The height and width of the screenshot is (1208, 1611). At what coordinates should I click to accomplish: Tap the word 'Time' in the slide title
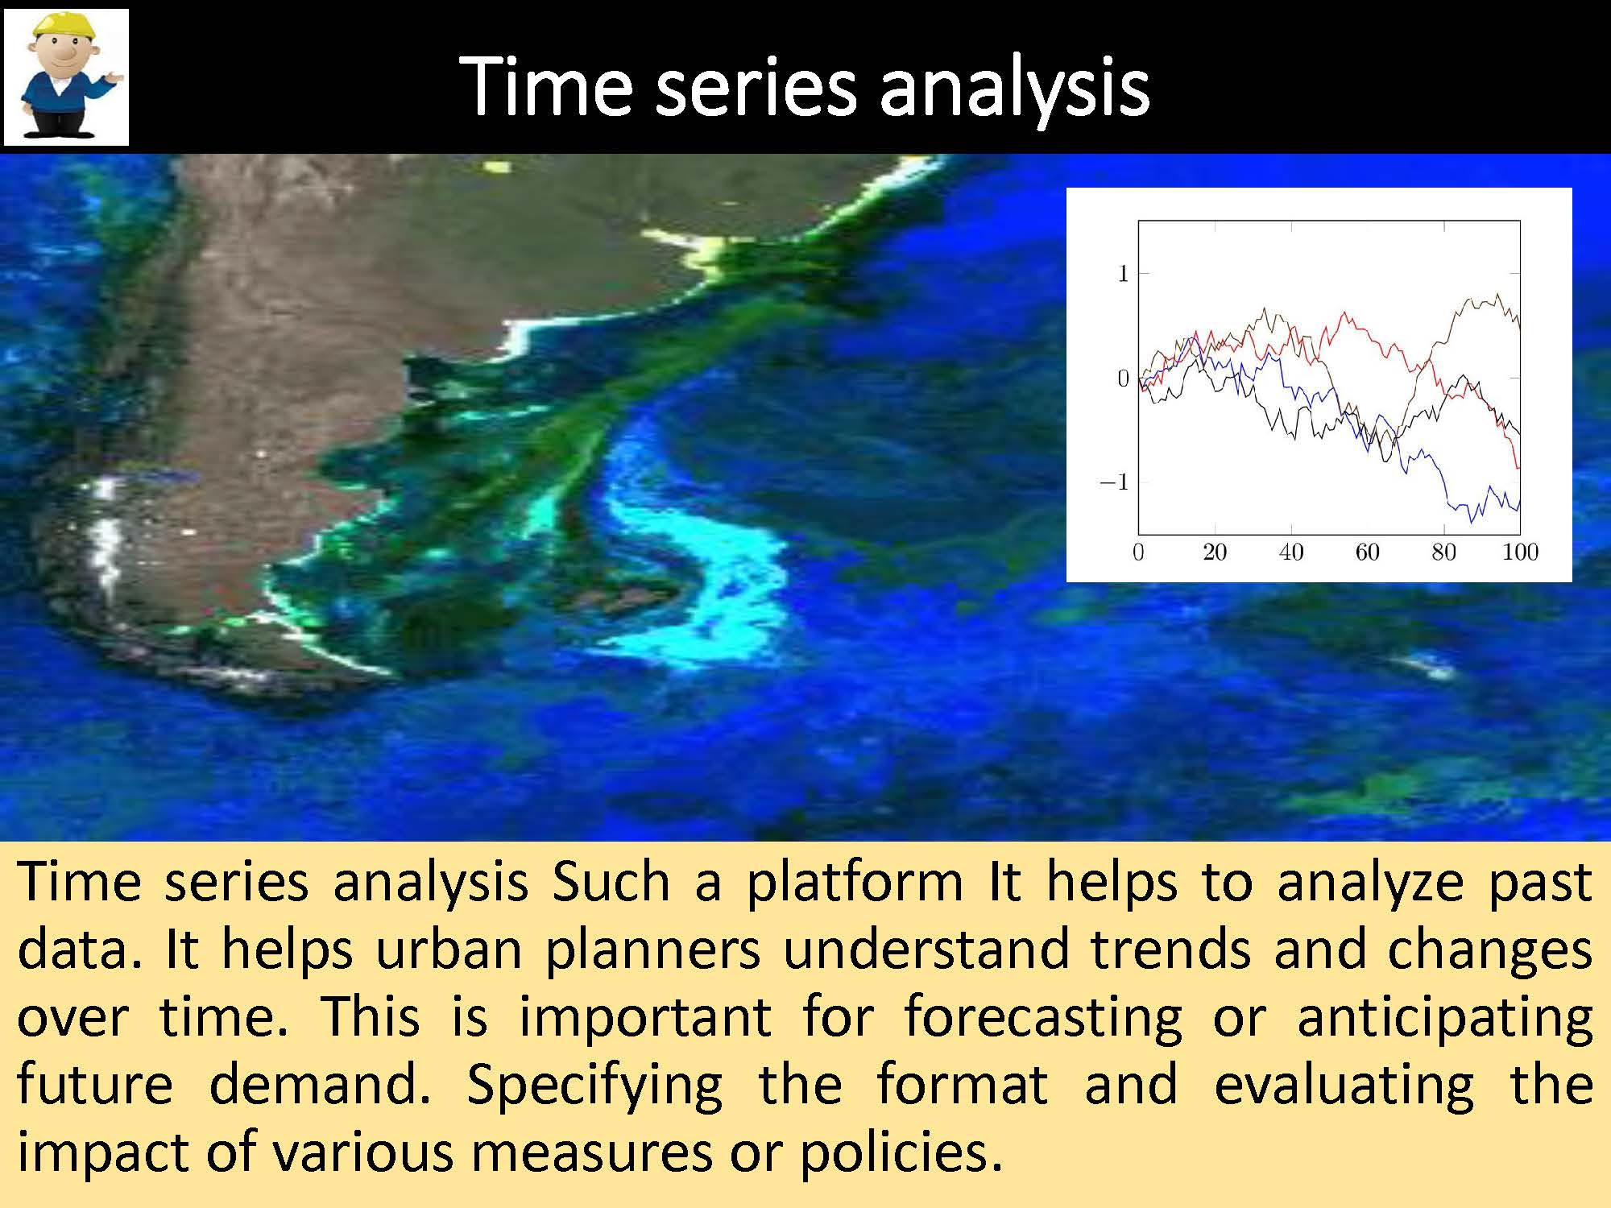(x=546, y=87)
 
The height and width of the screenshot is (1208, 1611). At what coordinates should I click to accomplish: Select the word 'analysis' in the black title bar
(x=1014, y=89)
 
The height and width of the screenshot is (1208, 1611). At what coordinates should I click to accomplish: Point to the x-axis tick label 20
(x=1214, y=552)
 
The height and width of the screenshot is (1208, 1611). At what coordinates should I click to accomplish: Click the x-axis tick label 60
(x=1367, y=552)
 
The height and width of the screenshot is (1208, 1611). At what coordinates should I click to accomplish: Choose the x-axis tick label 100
(x=1520, y=552)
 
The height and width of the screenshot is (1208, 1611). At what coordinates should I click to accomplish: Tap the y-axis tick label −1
(x=1114, y=482)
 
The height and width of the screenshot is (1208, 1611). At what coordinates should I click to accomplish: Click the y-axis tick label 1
(x=1123, y=274)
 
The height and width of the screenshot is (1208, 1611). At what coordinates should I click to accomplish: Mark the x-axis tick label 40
(x=1290, y=552)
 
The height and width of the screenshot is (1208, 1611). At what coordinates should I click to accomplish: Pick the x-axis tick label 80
(x=1443, y=552)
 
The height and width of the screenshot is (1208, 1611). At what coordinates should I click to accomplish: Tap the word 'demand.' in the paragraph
(x=320, y=1084)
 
